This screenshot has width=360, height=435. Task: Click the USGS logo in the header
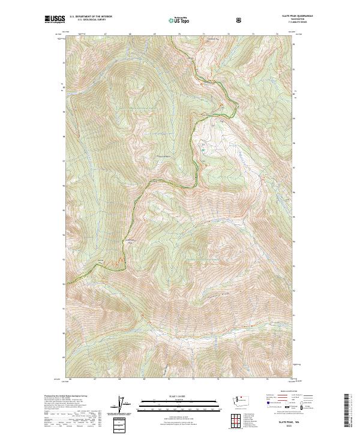pos(55,20)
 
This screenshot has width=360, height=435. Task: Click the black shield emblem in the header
pos(240,20)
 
